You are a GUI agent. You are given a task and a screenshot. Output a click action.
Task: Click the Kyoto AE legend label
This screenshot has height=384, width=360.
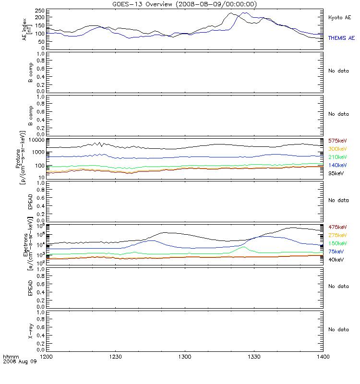click(339, 17)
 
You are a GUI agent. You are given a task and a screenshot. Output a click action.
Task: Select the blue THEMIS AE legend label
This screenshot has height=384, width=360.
click(341, 38)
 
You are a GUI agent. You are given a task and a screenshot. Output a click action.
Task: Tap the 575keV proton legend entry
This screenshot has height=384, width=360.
click(337, 141)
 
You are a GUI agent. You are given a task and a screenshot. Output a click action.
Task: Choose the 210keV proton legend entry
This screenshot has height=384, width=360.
click(337, 157)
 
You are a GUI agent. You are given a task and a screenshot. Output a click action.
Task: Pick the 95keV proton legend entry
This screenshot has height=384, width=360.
click(336, 173)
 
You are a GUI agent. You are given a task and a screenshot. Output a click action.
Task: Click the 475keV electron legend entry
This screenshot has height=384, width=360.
click(337, 227)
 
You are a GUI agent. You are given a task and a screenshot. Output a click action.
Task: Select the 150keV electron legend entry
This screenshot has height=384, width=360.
click(337, 243)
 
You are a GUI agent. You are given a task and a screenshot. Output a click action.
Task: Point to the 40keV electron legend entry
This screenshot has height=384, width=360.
click(336, 260)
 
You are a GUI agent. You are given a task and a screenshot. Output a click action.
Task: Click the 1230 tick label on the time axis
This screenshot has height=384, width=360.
click(116, 357)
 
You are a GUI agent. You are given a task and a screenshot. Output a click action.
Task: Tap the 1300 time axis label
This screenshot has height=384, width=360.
click(185, 357)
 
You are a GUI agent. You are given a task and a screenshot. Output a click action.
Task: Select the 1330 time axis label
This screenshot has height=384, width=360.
click(254, 357)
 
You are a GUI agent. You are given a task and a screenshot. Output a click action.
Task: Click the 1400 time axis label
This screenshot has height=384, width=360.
click(324, 357)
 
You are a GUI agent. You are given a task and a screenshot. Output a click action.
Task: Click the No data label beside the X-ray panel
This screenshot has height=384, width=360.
click(338, 330)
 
